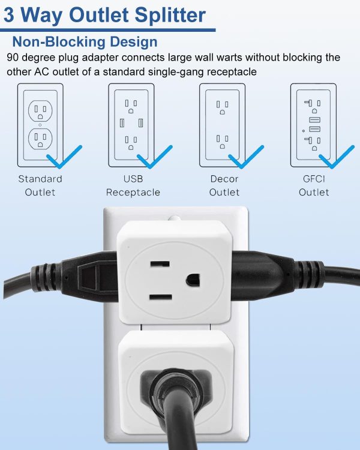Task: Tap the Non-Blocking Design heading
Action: (x=85, y=41)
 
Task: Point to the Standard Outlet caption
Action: (x=40, y=185)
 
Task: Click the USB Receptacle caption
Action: (x=133, y=185)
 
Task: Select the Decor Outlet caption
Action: (x=224, y=185)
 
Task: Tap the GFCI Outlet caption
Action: (x=314, y=185)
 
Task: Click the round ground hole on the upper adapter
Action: (x=193, y=280)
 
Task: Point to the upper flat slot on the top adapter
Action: (x=160, y=264)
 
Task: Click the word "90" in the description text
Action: (x=13, y=58)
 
